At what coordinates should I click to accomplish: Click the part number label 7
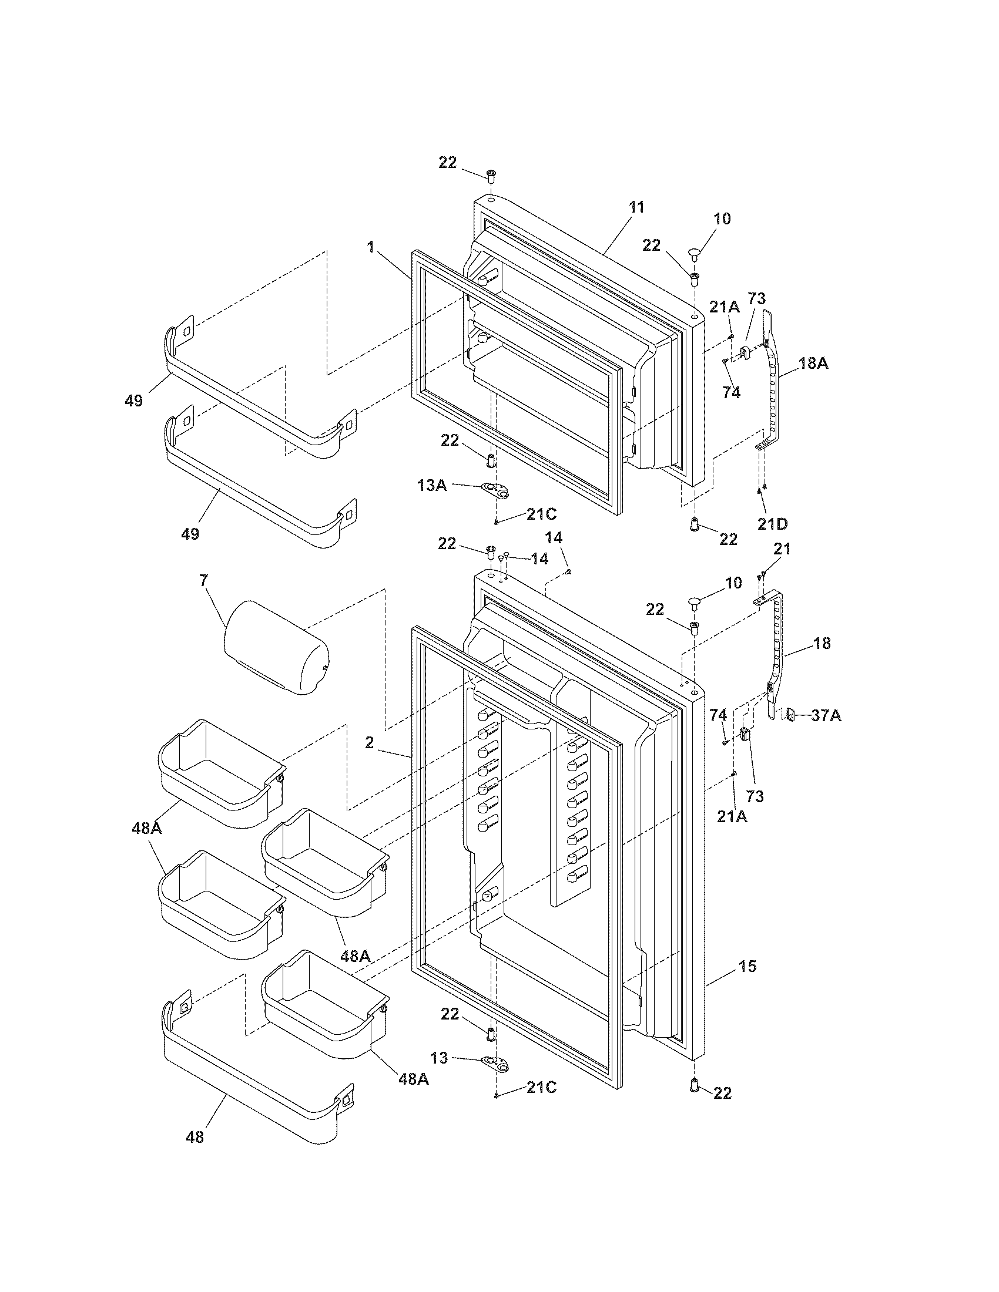(x=204, y=580)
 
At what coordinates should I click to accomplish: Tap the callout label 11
(x=636, y=208)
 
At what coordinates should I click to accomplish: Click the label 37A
(x=826, y=716)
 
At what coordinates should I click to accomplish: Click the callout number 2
(x=369, y=742)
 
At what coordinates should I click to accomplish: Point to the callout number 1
(x=371, y=247)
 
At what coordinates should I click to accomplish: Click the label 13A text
(x=432, y=485)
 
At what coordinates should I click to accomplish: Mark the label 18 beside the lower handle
(x=822, y=643)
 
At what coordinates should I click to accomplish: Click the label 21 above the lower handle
(x=782, y=549)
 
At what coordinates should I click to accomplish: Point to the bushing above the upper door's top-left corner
(x=491, y=174)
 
